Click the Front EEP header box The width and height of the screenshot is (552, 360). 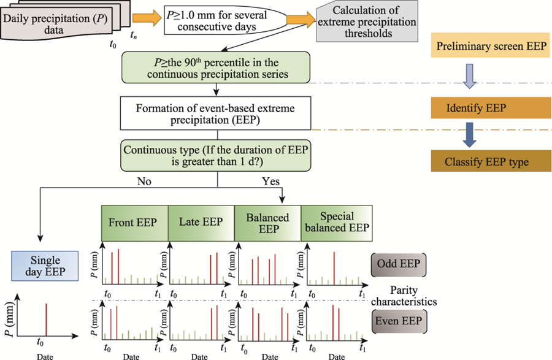point(134,221)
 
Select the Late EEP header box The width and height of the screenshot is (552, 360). point(201,221)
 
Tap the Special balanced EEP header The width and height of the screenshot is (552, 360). point(335,221)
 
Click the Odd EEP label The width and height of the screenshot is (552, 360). point(399,266)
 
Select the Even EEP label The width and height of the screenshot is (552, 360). point(399,321)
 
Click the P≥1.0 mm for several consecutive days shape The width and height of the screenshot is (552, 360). point(224,20)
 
